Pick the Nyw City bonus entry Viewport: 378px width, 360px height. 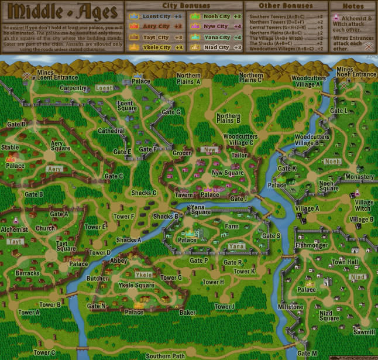pyautogui.click(x=217, y=27)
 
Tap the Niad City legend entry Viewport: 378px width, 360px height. pyautogui.click(x=217, y=47)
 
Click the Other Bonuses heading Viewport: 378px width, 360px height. pyautogui.click(x=281, y=5)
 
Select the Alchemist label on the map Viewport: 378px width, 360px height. pyautogui.click(x=15, y=229)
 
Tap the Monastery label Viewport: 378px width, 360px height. pyautogui.click(x=359, y=177)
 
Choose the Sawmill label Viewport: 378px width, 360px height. pyautogui.click(x=363, y=331)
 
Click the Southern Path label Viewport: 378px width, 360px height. pyautogui.click(x=166, y=355)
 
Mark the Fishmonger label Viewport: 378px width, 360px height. pyautogui.click(x=311, y=245)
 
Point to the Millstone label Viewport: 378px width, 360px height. pyautogui.click(x=290, y=307)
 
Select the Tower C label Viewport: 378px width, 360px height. pyautogui.click(x=44, y=352)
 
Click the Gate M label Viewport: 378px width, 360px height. pyautogui.click(x=307, y=353)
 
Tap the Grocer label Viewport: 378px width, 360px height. pyautogui.click(x=182, y=153)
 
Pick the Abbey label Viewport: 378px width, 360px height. pyautogui.click(x=118, y=260)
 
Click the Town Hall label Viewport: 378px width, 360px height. pyautogui.click(x=345, y=262)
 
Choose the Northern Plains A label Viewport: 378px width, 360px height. pyautogui.click(x=189, y=79)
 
